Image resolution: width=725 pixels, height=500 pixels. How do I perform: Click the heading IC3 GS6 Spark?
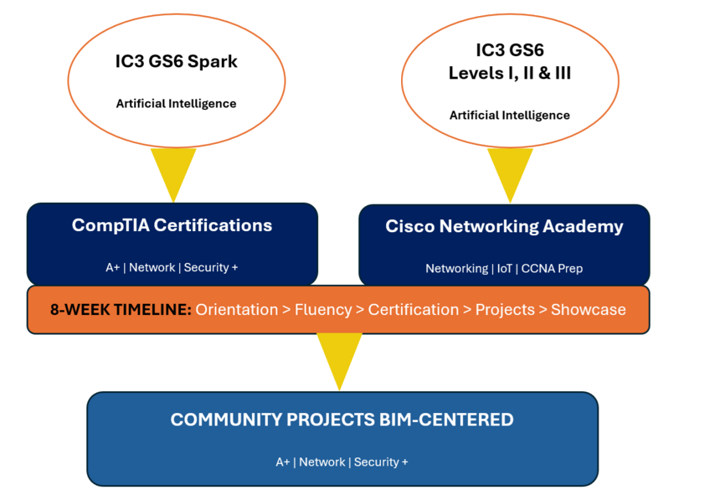176,61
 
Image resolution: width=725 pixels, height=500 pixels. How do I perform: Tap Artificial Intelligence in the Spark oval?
176,104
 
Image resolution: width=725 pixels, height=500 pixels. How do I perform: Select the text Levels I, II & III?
510,73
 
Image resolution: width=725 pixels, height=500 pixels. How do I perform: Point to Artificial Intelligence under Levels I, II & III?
510,116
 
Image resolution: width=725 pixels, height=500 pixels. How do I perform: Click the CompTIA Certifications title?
172,225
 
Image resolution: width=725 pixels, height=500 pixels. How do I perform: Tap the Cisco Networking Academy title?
505,226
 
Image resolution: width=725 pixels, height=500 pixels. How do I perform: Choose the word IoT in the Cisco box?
505,269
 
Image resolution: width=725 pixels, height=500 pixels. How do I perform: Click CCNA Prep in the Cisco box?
552,269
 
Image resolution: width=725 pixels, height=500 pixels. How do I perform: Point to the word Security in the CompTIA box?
206,267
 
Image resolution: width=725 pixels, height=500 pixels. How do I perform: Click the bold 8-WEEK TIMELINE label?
121,309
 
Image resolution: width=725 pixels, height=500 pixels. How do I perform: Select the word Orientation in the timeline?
237,309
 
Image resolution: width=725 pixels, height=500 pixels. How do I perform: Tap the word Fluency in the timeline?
323,309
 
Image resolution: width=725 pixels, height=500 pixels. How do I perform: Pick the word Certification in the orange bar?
414,309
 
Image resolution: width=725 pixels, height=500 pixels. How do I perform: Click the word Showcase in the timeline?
589,309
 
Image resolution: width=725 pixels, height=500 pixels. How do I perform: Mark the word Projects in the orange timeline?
505,309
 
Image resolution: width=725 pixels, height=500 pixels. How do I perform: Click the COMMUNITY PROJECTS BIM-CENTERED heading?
342,420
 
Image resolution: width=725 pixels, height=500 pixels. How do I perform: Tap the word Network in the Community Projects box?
322,462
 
